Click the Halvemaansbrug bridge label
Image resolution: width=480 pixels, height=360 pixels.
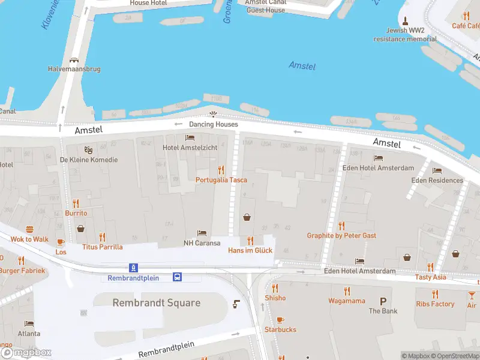(74, 69)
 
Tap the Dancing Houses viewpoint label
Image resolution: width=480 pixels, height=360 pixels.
(213, 124)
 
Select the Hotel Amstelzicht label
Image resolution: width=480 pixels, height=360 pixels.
(189, 148)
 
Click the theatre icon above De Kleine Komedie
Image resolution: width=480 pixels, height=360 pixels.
(88, 149)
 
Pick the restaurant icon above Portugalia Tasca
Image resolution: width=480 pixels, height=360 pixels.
(221, 170)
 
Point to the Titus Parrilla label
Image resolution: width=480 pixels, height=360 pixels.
(102, 247)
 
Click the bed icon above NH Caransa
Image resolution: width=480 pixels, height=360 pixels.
(202, 233)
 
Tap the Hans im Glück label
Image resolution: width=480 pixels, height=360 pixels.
(250, 250)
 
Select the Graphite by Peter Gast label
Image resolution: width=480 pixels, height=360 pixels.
(341, 236)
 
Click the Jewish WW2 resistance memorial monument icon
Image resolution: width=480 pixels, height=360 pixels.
(406, 20)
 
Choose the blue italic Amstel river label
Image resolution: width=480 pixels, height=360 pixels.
(302, 65)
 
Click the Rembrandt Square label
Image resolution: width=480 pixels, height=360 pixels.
(156, 303)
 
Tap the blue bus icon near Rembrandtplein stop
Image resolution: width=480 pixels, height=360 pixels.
(178, 277)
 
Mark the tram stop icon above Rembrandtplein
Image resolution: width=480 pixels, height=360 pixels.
(133, 268)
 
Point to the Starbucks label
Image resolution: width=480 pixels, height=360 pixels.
(280, 329)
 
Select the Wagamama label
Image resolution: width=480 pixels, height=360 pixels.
(346, 301)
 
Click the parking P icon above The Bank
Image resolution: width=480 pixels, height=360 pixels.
(383, 301)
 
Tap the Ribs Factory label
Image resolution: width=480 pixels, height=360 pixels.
(435, 304)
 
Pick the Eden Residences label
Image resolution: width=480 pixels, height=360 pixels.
(437, 180)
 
